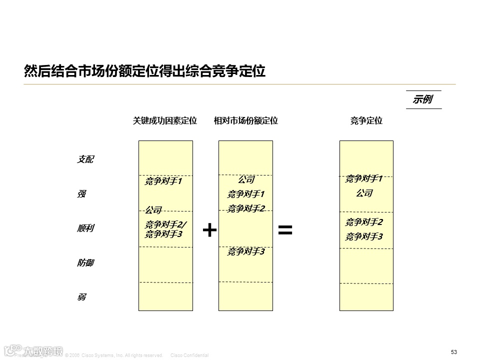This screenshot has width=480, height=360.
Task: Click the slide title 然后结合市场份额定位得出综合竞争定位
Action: pyautogui.click(x=144, y=71)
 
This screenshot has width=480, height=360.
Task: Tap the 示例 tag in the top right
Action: pyautogui.click(x=422, y=99)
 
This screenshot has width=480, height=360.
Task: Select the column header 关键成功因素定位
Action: pyautogui.click(x=165, y=120)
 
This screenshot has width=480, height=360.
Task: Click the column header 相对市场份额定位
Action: pyautogui.click(x=246, y=120)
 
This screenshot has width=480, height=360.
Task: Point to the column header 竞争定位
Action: pyautogui.click(x=366, y=120)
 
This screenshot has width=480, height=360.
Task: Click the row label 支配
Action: pyautogui.click(x=85, y=159)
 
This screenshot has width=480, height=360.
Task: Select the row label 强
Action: pyautogui.click(x=81, y=194)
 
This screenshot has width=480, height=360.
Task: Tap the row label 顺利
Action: pyautogui.click(x=85, y=228)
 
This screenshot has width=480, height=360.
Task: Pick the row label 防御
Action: pyautogui.click(x=85, y=263)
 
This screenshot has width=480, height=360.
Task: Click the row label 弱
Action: pyautogui.click(x=81, y=297)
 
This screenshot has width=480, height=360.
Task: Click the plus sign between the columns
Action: pyautogui.click(x=209, y=230)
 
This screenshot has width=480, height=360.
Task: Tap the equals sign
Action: pyautogui.click(x=285, y=230)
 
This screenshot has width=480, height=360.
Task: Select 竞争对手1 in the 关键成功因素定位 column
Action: pyautogui.click(x=163, y=181)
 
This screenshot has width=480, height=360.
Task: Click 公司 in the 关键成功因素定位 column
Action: pyautogui.click(x=153, y=210)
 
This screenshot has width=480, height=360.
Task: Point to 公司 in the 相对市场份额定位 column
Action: pyautogui.click(x=246, y=179)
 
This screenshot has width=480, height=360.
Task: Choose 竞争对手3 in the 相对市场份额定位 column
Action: pyautogui.click(x=246, y=252)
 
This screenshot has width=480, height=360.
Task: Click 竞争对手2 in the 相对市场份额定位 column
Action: pyautogui.click(x=246, y=208)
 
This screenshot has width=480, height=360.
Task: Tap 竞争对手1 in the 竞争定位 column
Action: pyautogui.click(x=364, y=178)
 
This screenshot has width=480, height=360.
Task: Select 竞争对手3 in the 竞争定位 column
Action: pyautogui.click(x=364, y=236)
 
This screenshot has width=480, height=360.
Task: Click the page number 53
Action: pyautogui.click(x=454, y=352)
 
